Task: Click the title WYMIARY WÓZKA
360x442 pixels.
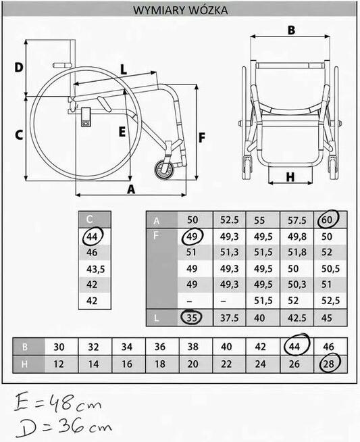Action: [x=180, y=10]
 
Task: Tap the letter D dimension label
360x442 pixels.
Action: [x=19, y=68]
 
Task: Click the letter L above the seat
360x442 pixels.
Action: [x=124, y=70]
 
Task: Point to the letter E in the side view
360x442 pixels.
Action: [x=122, y=132]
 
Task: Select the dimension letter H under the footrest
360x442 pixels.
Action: [x=290, y=177]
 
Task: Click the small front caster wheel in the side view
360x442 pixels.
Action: [x=164, y=170]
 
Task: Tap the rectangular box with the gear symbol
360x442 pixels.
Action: [x=86, y=118]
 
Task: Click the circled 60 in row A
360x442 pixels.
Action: [x=328, y=219]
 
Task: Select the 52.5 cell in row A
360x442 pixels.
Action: [x=229, y=220]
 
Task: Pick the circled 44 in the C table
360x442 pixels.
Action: [x=93, y=237]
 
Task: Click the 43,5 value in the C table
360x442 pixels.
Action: [x=95, y=269]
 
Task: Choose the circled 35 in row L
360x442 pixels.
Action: [x=192, y=317]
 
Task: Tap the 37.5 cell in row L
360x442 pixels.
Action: [x=229, y=318]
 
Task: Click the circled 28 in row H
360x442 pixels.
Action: [x=330, y=364]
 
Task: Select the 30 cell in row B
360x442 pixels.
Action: [x=59, y=347]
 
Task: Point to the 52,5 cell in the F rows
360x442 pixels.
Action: [x=331, y=301]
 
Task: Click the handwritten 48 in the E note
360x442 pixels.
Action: [x=61, y=402]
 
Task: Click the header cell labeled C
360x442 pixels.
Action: [x=95, y=219]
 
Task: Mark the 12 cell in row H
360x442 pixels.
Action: [x=59, y=364]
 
